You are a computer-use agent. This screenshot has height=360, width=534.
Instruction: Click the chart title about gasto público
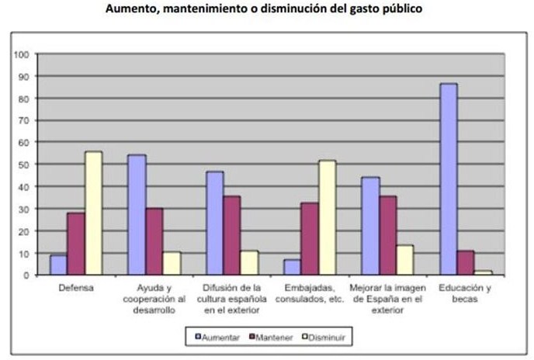tap(266, 9)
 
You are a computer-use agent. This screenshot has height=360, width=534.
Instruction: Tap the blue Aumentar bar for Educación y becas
tap(448, 179)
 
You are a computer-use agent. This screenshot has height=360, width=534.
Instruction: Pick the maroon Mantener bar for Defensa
tap(76, 244)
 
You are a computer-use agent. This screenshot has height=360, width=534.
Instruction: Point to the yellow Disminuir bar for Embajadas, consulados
tap(327, 217)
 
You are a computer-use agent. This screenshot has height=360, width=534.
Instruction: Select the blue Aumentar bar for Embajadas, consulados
tap(292, 267)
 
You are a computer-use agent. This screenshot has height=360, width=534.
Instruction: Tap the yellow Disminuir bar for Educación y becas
tap(483, 272)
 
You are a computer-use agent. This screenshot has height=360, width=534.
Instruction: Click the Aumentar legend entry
tap(218, 337)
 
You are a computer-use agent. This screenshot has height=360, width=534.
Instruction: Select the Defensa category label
tap(76, 288)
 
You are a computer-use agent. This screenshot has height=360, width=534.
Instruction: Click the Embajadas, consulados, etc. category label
tap(309, 293)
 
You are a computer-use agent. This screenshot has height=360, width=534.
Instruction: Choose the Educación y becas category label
tap(465, 293)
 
